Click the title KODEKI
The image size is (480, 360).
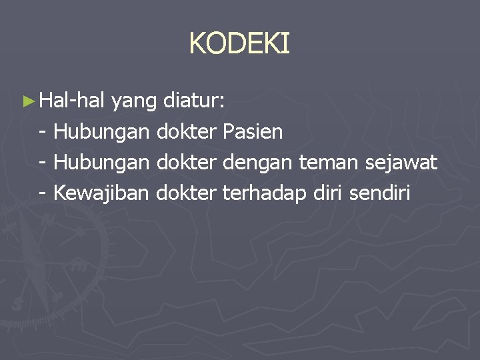(239, 44)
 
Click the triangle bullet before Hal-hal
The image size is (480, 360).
(27, 102)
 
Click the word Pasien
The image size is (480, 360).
(253, 132)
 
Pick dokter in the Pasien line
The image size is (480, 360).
(187, 132)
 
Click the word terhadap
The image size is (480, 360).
(265, 193)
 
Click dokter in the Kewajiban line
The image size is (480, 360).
(187, 193)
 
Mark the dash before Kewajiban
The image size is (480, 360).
(43, 193)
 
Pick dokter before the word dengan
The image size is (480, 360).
(187, 163)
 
